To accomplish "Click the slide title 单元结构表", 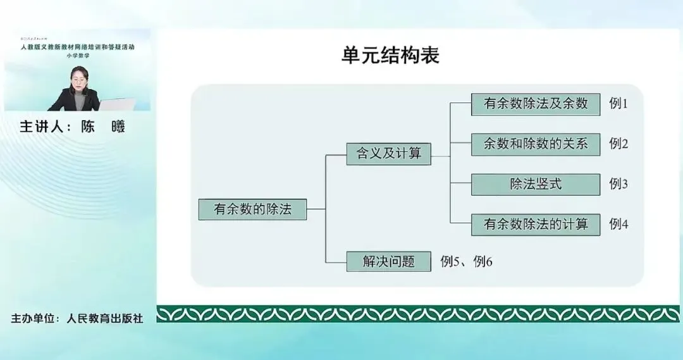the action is [x=390, y=56].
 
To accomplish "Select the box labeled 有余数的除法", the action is [x=252, y=209].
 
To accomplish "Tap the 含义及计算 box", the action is [x=388, y=154].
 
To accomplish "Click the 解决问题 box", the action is [x=388, y=261].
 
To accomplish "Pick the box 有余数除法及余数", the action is [x=536, y=104].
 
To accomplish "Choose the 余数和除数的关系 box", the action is [x=536, y=144].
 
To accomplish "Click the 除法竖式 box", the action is [x=536, y=184].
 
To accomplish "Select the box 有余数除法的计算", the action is [x=536, y=224].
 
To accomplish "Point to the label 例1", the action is [x=618, y=104].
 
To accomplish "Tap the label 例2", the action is [x=618, y=144].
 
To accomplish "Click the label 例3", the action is [x=618, y=184].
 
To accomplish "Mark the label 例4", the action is [x=618, y=224].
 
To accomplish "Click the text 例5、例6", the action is [x=466, y=261].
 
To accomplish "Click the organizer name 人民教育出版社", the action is [x=105, y=318].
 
